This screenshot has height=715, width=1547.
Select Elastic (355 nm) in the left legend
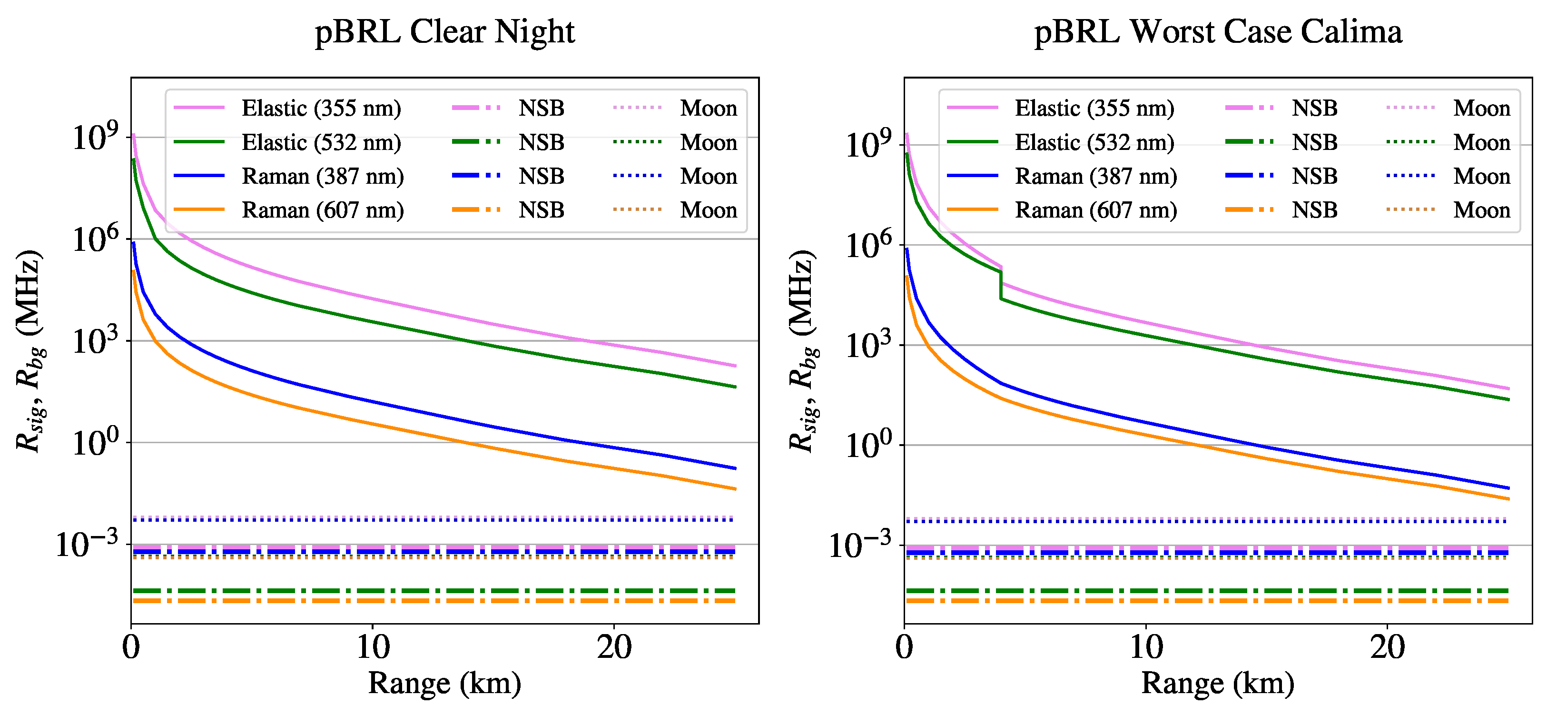(321, 108)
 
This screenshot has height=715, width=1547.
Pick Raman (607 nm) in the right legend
(1095, 210)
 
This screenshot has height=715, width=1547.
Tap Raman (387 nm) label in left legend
(323, 177)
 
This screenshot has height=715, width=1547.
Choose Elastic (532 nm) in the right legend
(1094, 142)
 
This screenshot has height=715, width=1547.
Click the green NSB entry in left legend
(541, 142)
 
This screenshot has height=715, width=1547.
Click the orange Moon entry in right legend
(1481, 210)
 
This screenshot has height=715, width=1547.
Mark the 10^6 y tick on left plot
(96, 240)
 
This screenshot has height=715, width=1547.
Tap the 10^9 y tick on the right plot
(869, 145)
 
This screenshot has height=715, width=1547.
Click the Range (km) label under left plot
(444, 683)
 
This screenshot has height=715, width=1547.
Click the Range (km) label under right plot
(1217, 683)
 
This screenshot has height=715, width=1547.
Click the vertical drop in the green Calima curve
(1001, 286)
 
